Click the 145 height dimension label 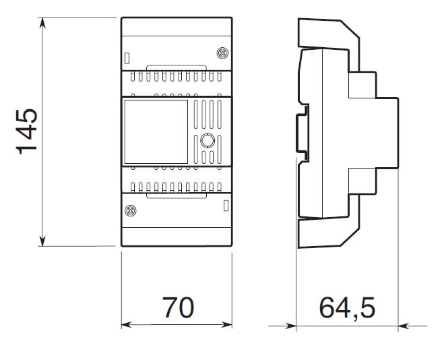point(27,131)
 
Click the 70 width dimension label point(179,307)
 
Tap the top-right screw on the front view point(222,53)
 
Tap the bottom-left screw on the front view point(131,210)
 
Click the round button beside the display point(208,140)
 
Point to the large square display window point(156,131)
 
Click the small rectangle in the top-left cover point(127,59)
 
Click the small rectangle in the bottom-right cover point(226,206)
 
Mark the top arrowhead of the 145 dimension point(42,23)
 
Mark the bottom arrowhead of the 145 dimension point(42,241)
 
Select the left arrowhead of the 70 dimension point(127,325)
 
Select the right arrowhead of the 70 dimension point(227,325)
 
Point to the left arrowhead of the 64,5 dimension point(291,326)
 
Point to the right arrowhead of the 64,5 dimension point(404,326)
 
